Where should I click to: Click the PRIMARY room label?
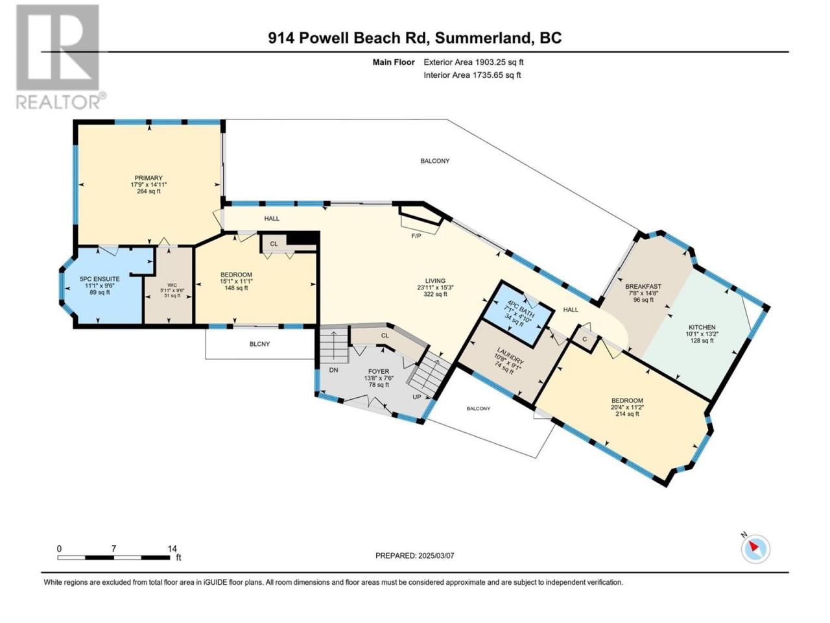148,178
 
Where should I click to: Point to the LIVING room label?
435,280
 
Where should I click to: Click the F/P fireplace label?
416,236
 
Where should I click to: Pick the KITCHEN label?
702,327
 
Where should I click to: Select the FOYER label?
379,371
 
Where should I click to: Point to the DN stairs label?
333,371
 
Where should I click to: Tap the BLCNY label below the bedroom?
259,344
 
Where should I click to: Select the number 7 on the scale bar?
113,548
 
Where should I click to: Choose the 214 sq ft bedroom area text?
627,414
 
